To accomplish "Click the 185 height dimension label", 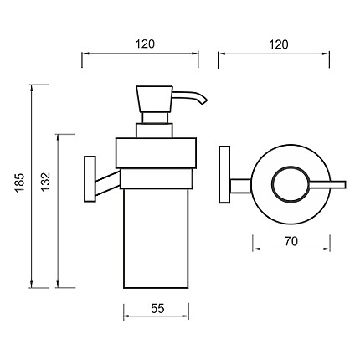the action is [20, 183].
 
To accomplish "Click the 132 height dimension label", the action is [45, 182].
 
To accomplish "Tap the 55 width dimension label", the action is [157, 309].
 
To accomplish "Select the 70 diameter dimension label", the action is [291, 241].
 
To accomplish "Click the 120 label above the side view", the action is [145, 44].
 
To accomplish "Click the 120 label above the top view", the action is [279, 44].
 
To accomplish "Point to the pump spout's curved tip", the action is [204, 100].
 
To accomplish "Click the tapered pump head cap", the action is [155, 99].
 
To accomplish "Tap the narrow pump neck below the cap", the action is [156, 118].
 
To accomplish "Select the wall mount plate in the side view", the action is [90, 179].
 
